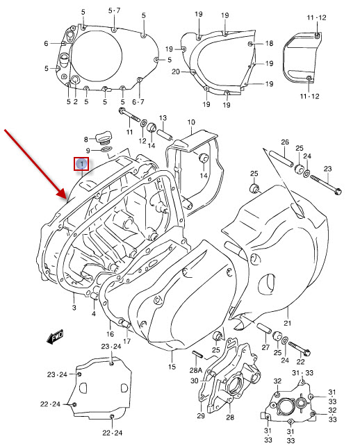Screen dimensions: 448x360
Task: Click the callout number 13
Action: pyautogui.click(x=164, y=117)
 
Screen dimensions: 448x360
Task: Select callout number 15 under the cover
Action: pyautogui.click(x=172, y=365)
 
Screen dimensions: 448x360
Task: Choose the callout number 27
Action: pyautogui.click(x=265, y=347)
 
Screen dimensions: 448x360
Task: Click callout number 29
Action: pyautogui.click(x=200, y=415)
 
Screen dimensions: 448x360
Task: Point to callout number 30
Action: pyautogui.click(x=195, y=381)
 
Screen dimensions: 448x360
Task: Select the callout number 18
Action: pyautogui.click(x=270, y=43)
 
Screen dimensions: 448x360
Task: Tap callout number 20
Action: pyautogui.click(x=176, y=72)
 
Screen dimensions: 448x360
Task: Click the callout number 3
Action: pyautogui.click(x=74, y=306)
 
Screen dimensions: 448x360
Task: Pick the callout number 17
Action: pyautogui.click(x=126, y=341)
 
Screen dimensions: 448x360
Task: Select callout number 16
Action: pyautogui.click(x=110, y=334)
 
